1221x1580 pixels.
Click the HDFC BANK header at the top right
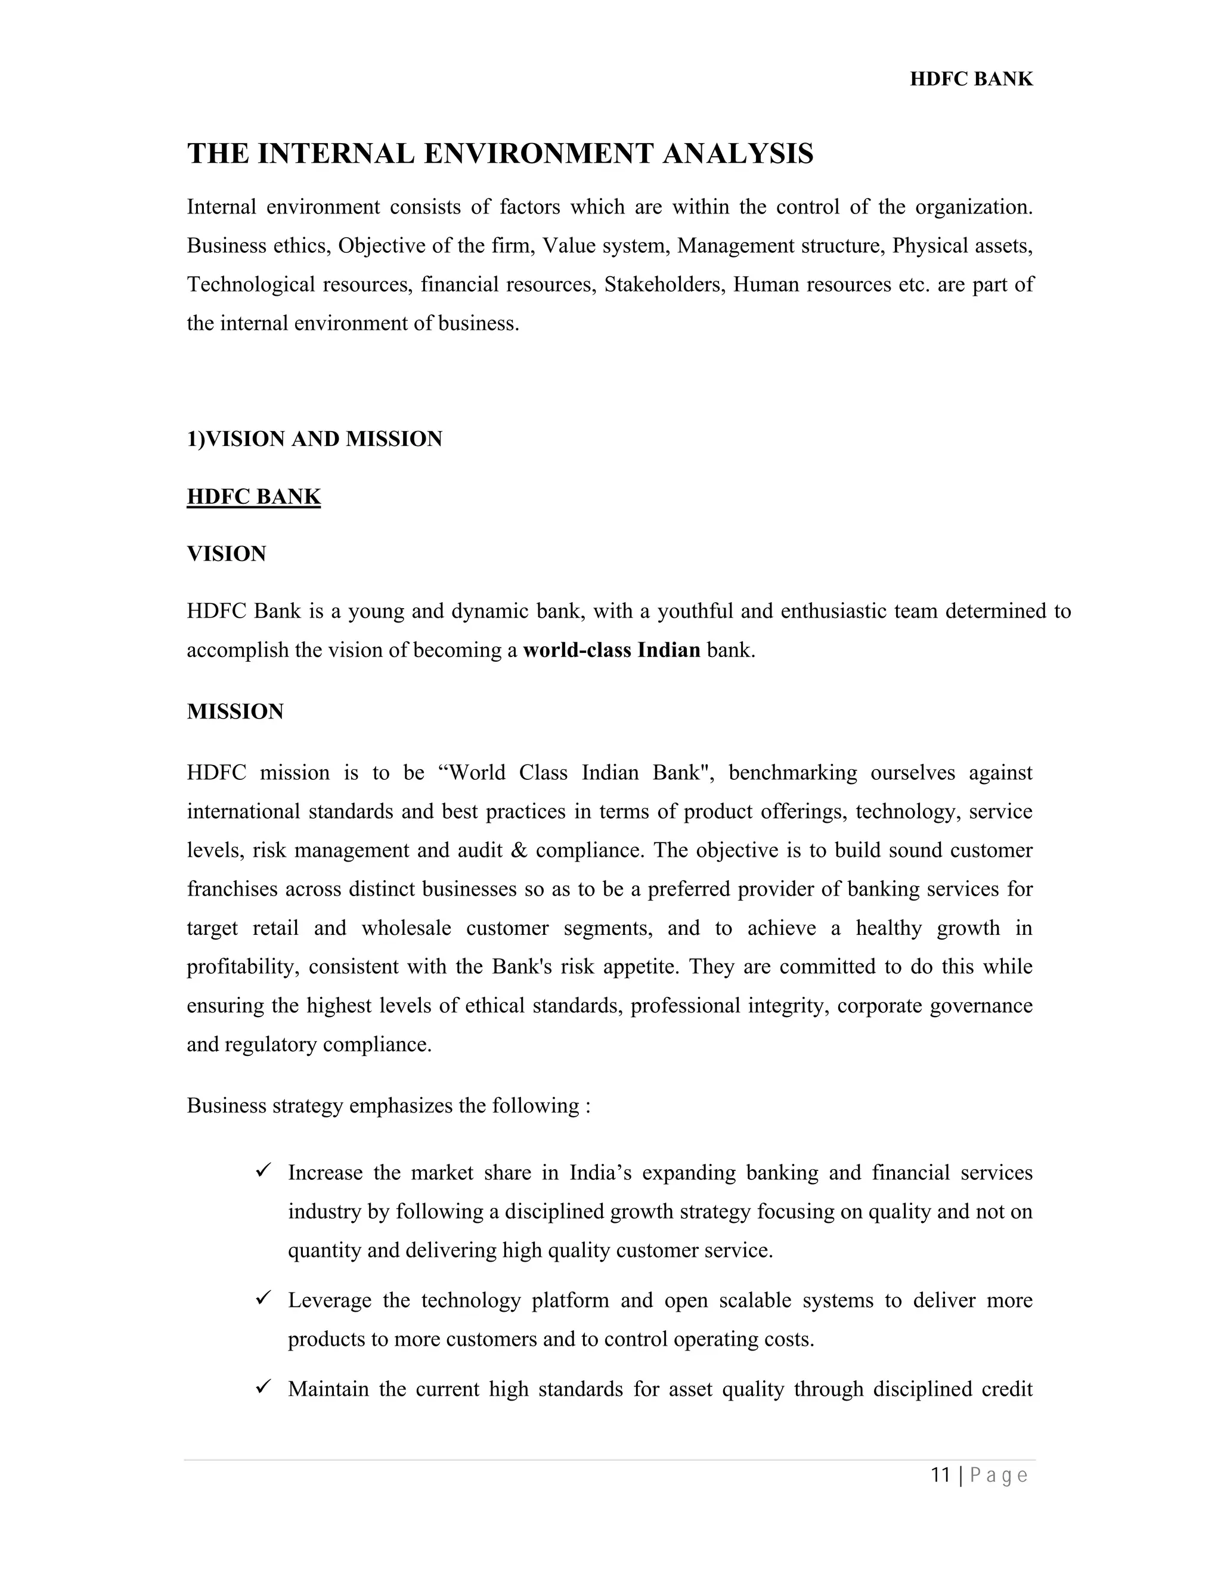point(971,79)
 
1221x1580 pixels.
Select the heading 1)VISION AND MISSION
point(315,439)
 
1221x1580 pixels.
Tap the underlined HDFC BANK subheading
point(253,497)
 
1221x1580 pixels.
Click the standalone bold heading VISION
point(227,554)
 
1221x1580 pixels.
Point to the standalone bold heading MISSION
point(235,712)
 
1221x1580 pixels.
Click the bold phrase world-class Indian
point(611,650)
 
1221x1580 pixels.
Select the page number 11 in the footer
point(940,1475)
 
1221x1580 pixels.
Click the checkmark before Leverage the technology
point(264,1299)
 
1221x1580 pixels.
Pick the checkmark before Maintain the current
point(264,1387)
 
